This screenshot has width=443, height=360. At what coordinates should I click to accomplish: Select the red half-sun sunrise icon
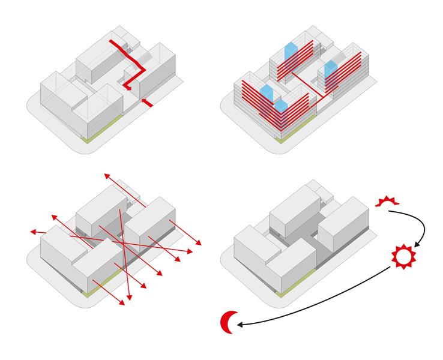point(387,201)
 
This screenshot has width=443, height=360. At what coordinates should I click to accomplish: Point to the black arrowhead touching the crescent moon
point(240,325)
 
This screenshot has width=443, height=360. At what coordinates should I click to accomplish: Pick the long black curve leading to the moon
point(324,304)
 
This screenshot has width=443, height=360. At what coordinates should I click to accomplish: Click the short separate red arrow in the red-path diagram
point(147,103)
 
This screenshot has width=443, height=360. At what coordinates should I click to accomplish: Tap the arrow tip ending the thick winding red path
point(127,89)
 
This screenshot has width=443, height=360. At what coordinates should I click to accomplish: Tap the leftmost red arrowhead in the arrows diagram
point(34,231)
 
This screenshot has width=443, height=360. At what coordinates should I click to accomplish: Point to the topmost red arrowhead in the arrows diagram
point(106,175)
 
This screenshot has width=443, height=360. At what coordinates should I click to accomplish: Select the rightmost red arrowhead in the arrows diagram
point(198,243)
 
